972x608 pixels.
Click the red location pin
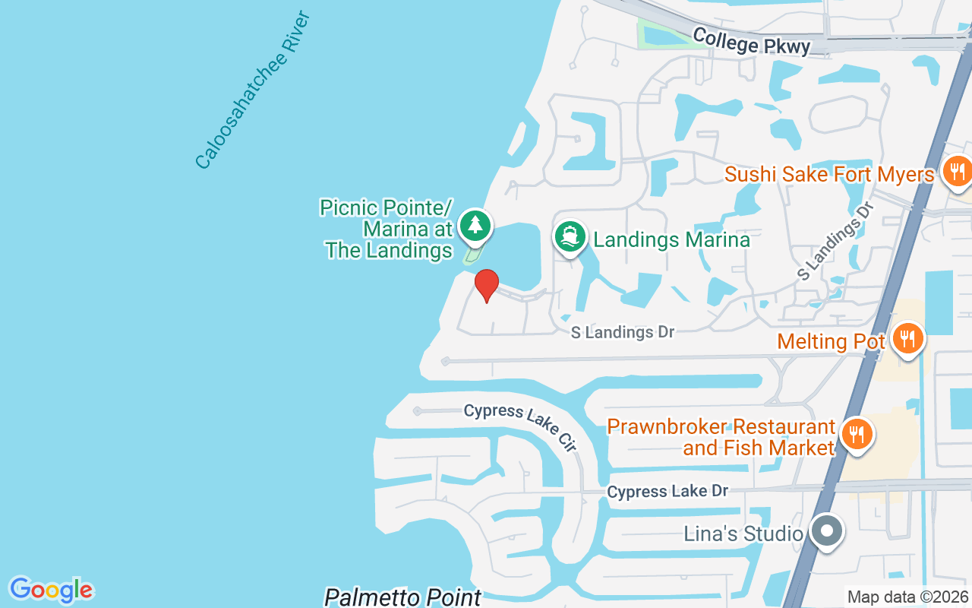[487, 285]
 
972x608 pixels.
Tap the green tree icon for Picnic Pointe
[475, 225]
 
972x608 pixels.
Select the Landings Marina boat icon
[570, 236]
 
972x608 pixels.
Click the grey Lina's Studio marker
[827, 531]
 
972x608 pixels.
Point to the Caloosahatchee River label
[253, 90]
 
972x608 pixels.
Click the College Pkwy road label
[751, 41]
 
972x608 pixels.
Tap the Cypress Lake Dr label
[667, 492]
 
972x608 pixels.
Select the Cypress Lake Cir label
[520, 426]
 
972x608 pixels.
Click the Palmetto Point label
[402, 597]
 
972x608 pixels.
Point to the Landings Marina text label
[671, 240]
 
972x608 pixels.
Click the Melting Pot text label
[831, 341]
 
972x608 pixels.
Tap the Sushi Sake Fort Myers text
[829, 174]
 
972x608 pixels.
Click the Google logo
[51, 590]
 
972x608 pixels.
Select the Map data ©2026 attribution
[907, 597]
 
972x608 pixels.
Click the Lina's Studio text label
[743, 534]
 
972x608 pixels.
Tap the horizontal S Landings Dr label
[623, 332]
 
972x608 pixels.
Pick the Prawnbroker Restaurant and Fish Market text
[721, 437]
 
